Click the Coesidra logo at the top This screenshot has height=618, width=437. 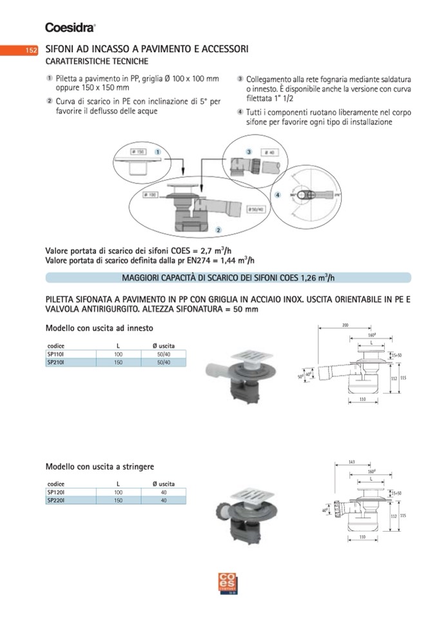(70, 27)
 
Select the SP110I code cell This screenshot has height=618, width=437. (55, 354)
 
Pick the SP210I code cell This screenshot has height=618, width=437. (55, 363)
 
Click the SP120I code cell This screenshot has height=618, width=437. (55, 492)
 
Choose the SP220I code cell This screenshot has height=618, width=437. (55, 500)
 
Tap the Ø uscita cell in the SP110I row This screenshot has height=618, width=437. (164, 354)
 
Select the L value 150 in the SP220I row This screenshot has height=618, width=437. (119, 500)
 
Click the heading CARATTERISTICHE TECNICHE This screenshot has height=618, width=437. (97, 62)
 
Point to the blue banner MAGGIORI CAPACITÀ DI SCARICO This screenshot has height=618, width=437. (228, 278)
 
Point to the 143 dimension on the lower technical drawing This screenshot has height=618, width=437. (351, 461)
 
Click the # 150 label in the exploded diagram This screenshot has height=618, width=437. (137, 151)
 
